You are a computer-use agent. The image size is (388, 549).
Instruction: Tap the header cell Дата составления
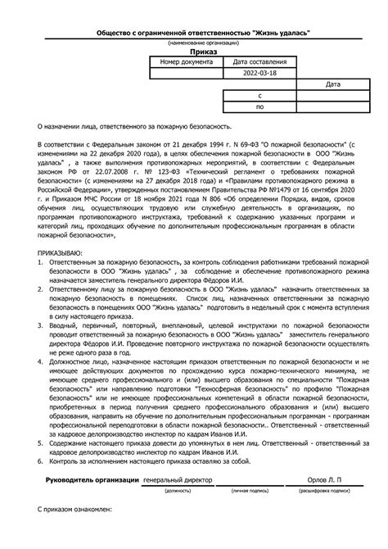[259, 61]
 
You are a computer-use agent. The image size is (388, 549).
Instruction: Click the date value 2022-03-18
[259, 73]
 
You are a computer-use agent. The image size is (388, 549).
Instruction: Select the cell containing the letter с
[259, 96]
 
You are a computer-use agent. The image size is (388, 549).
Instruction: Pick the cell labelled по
[259, 107]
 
